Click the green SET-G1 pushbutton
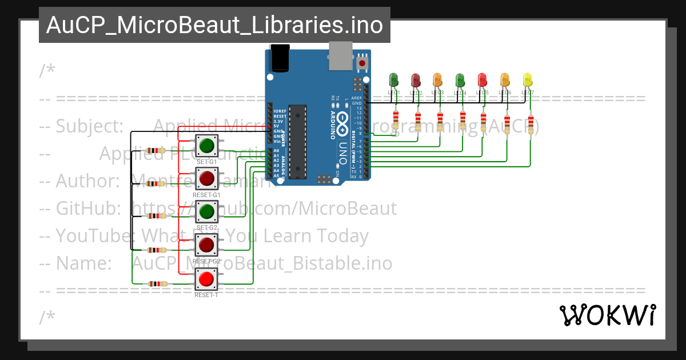[206, 146]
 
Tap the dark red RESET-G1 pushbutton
[206, 179]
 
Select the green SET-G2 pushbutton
[206, 212]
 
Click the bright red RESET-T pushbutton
[206, 279]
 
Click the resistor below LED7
[532, 124]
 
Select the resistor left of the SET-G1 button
[155, 150]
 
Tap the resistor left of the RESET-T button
[155, 283]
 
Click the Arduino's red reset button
[362, 62]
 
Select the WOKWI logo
[607, 315]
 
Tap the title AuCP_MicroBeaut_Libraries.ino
[214, 25]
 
